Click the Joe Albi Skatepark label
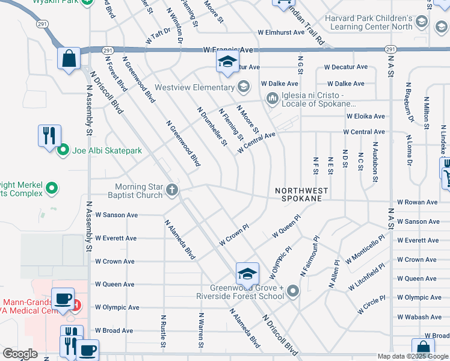click(107, 150)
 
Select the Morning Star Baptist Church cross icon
click(173, 191)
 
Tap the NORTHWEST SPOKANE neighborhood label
click(302, 194)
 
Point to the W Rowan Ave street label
click(418, 203)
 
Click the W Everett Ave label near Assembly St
click(116, 238)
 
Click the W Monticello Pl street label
click(365, 250)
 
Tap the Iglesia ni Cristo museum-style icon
click(271, 97)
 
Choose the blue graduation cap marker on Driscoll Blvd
click(247, 274)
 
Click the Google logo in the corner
click(20, 354)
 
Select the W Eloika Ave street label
click(366, 116)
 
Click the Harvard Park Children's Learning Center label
click(368, 22)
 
